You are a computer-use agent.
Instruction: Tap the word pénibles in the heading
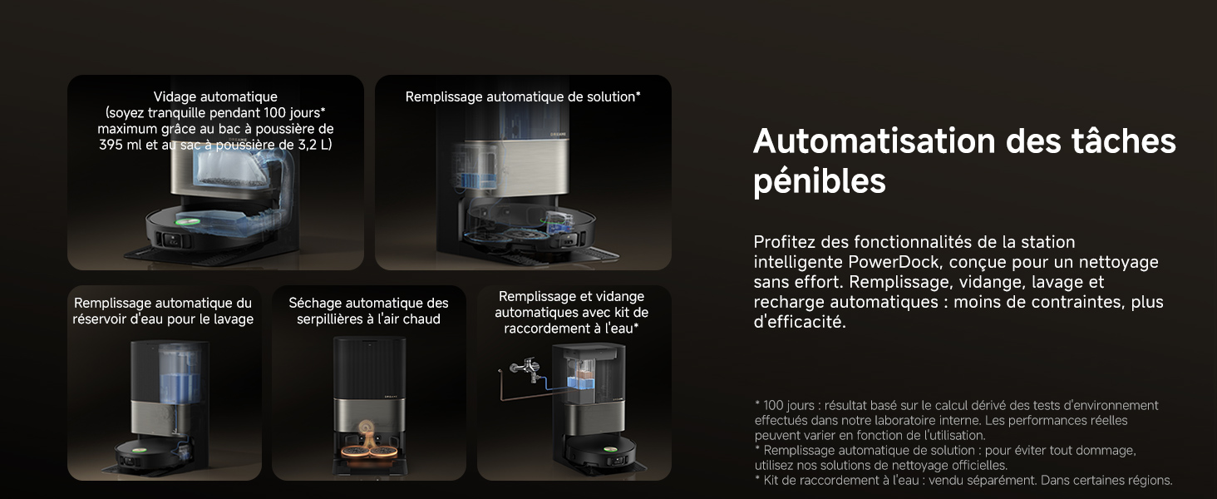click(x=820, y=181)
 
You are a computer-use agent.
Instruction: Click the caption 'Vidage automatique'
click(x=215, y=96)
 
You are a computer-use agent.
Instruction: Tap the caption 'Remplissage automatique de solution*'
click(x=523, y=96)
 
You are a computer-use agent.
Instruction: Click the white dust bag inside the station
click(x=229, y=170)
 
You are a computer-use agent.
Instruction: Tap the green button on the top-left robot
click(x=185, y=221)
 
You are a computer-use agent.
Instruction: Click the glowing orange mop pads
click(x=368, y=451)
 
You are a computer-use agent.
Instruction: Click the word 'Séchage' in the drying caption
click(x=315, y=304)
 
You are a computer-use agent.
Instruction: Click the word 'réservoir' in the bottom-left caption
click(x=100, y=319)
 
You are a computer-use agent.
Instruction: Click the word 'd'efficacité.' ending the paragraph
click(x=800, y=322)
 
